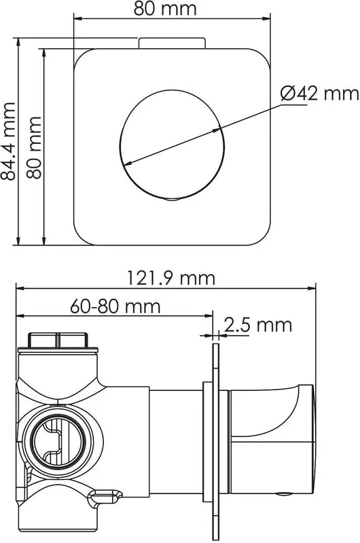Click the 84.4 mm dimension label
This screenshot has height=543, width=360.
click(x=8, y=141)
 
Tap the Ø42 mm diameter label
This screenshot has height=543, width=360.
click(x=319, y=94)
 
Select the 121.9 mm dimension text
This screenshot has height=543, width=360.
click(x=171, y=278)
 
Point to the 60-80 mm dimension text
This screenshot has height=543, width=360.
click(x=115, y=306)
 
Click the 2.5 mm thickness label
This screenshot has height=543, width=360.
click(x=258, y=325)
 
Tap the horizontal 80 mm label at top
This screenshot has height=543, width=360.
click(x=165, y=9)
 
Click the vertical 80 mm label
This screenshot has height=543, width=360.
click(x=34, y=148)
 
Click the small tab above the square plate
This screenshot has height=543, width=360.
click(x=172, y=43)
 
